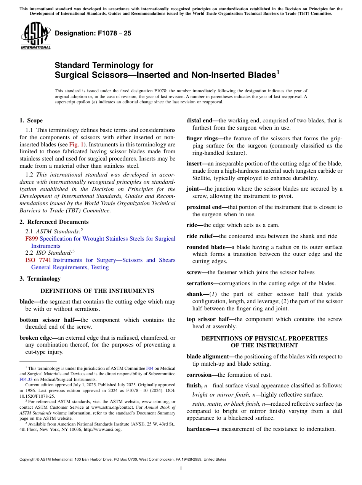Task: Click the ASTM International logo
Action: tap(35, 36)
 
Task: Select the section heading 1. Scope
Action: tap(31, 120)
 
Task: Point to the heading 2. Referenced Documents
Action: tap(54, 222)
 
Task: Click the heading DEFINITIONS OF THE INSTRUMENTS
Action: tap(97, 291)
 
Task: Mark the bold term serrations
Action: tap(200, 283)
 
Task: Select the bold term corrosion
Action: tap(199, 375)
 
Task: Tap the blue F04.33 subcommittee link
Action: tap(26, 380)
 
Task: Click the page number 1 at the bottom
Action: tap(181, 469)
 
